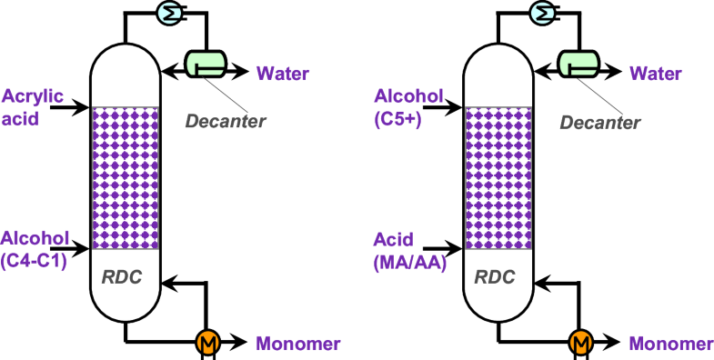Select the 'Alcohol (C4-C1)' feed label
click(35, 246)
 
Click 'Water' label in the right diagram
click(657, 73)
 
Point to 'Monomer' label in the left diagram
click(297, 344)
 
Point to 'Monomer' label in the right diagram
click(671, 344)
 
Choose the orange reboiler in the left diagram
click(207, 343)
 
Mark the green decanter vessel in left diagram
click(207, 62)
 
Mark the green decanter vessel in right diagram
click(581, 62)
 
